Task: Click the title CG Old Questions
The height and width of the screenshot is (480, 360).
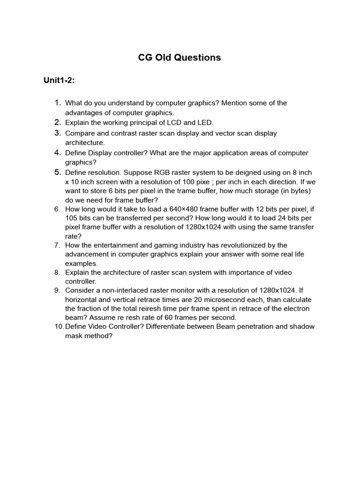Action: (x=180, y=58)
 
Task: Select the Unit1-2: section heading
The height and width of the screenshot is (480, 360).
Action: (x=60, y=81)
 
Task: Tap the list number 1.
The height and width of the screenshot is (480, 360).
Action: (x=58, y=103)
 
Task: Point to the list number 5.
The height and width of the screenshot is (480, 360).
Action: (x=58, y=172)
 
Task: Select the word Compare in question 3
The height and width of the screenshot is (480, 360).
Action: (x=80, y=133)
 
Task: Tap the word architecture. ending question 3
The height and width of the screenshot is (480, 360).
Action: (x=85, y=142)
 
